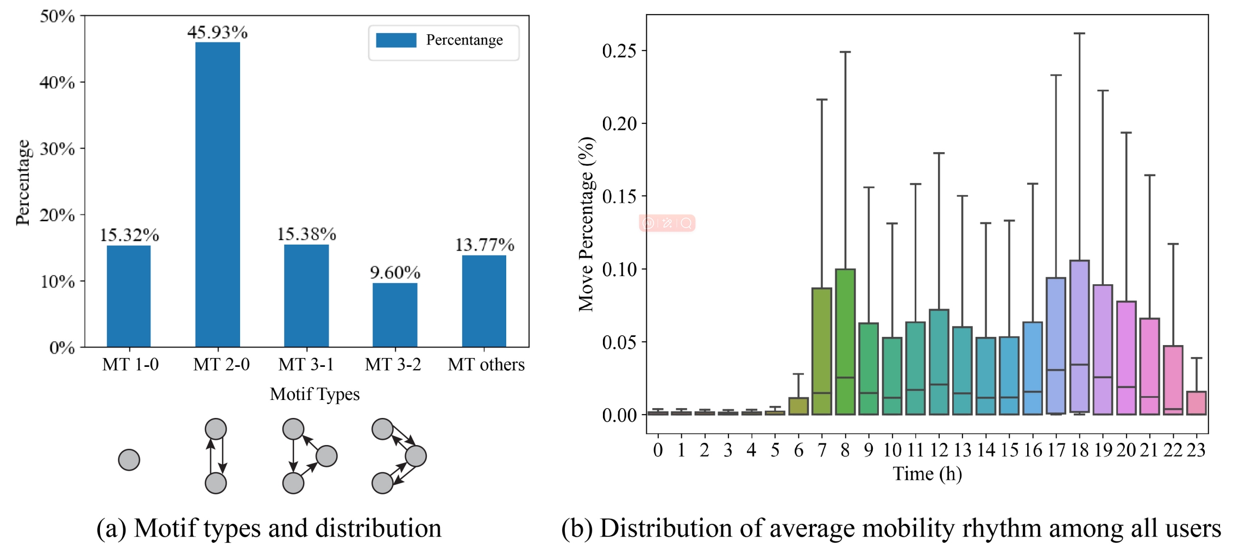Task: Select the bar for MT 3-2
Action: [x=395, y=315]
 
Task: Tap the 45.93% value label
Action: [x=217, y=32]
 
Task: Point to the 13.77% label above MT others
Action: [x=484, y=245]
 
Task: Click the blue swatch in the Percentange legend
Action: [x=396, y=40]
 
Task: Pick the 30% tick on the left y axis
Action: [x=58, y=149]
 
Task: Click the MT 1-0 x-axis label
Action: [x=130, y=364]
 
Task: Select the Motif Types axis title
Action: [x=314, y=394]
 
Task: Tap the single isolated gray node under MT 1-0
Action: [x=129, y=460]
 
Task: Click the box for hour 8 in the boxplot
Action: [x=845, y=342]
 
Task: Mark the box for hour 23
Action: [x=1196, y=403]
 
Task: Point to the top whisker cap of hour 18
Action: [x=1079, y=34]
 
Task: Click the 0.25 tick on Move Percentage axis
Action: [x=619, y=51]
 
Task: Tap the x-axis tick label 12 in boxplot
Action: [x=939, y=450]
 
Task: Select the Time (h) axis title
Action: [x=927, y=474]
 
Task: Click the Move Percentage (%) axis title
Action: [x=586, y=224]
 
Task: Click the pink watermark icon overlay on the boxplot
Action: [x=667, y=223]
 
